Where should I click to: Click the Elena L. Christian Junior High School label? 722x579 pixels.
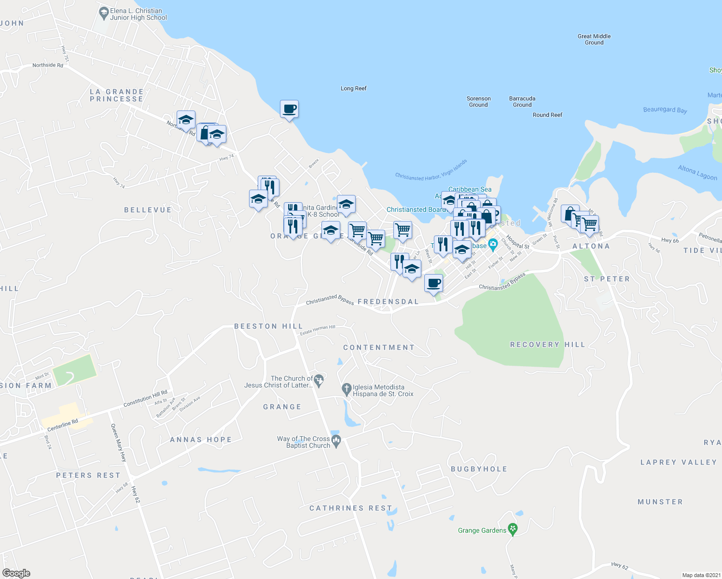point(138,14)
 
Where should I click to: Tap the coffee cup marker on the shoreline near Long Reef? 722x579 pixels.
point(289,110)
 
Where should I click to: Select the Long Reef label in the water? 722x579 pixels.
point(353,88)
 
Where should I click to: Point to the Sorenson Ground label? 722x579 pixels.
point(478,101)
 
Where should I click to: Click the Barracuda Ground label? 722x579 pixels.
point(522,101)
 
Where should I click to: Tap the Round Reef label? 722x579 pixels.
point(547,115)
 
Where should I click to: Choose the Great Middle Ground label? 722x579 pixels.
point(594,39)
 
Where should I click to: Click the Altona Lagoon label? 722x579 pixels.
point(697,172)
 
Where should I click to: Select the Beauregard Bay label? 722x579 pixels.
point(665,110)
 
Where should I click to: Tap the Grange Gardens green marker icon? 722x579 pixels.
point(513,529)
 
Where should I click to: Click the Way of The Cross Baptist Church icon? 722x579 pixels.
point(336,440)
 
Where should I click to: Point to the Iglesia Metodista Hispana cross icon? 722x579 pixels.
point(346,388)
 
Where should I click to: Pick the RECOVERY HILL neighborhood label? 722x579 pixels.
point(547,345)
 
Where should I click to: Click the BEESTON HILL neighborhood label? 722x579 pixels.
point(268,326)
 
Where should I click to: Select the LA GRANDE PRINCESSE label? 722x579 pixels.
point(116,95)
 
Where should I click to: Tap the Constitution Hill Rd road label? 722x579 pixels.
point(145,398)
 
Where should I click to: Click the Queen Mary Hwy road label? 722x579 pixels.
point(119,443)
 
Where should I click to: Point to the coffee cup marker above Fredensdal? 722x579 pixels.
point(433,283)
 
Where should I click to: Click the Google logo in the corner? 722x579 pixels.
point(16,573)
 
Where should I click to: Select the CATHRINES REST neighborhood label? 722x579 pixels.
point(350,508)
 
